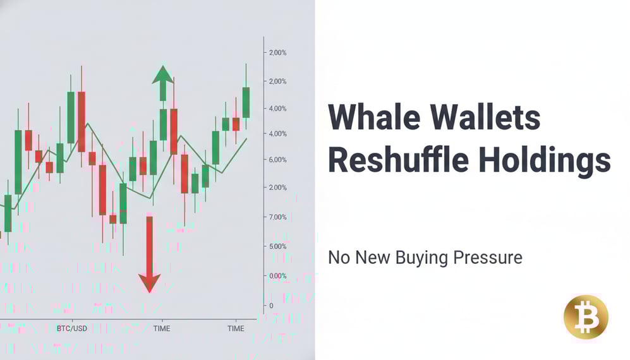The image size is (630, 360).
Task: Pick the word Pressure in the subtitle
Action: pyautogui.click(x=492, y=258)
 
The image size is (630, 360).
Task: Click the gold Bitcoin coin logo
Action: pyautogui.click(x=586, y=316)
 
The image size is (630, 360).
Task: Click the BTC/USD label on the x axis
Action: pyautogui.click(x=71, y=328)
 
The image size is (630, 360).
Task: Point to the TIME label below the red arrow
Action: pyautogui.click(x=162, y=328)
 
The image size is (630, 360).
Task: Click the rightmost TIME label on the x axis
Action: pyautogui.click(x=236, y=328)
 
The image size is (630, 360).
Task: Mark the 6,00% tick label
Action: pyautogui.click(x=278, y=160)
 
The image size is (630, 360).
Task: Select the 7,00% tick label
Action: pyautogui.click(x=278, y=217)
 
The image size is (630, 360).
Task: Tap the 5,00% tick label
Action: pyautogui.click(x=278, y=246)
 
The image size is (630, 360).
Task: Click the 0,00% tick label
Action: pyautogui.click(x=278, y=276)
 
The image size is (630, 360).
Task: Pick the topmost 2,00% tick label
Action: pyautogui.click(x=278, y=53)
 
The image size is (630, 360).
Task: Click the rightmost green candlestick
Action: pyautogui.click(x=246, y=102)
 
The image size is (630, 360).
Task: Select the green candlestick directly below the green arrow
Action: pyautogui.click(x=163, y=124)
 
